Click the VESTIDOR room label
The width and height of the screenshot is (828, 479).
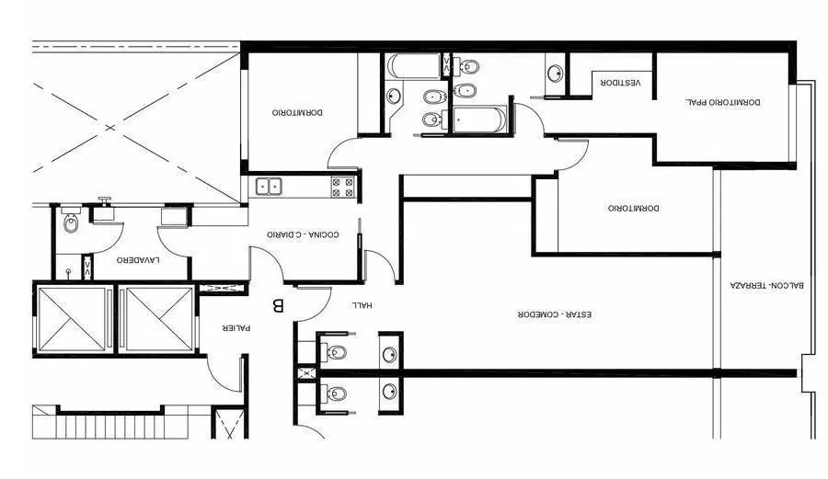[620, 83]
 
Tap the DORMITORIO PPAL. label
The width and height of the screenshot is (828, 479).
[723, 102]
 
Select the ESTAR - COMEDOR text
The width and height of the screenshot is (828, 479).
[555, 314]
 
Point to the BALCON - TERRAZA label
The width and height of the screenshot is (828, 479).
[767, 285]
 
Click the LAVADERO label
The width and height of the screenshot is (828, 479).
[138, 260]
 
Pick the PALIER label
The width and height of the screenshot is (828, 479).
[236, 327]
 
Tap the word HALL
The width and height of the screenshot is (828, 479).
[362, 305]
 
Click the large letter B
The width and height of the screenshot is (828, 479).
[278, 305]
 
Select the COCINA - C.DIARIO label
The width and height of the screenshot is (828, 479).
[303, 234]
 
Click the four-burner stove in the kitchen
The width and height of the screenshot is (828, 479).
[342, 187]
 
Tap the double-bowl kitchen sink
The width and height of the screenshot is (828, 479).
[269, 187]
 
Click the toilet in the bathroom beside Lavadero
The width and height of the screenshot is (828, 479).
[70, 221]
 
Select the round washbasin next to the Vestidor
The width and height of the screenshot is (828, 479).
[555, 74]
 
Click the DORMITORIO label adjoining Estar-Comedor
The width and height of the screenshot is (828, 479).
[634, 209]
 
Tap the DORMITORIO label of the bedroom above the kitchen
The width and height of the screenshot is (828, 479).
[298, 112]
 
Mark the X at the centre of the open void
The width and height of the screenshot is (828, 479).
[109, 128]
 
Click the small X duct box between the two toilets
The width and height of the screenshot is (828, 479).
[305, 374]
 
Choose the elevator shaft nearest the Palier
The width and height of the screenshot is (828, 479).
[160, 320]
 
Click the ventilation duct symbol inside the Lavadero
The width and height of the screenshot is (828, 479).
[87, 268]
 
